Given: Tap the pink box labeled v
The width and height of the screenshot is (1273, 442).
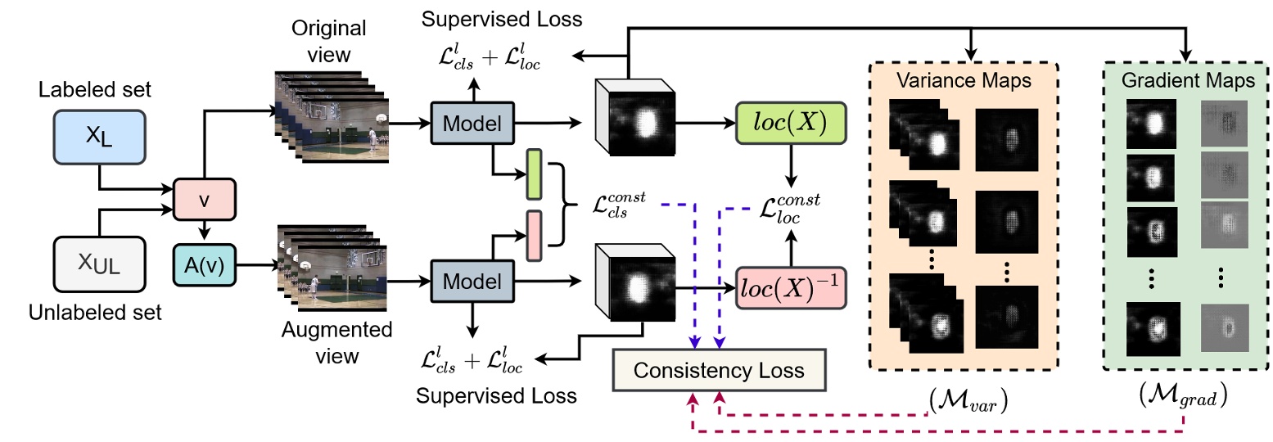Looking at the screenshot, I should [x=205, y=200].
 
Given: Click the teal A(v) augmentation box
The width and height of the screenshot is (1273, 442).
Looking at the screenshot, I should [x=205, y=264].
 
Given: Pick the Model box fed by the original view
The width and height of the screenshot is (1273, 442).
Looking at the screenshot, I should [x=472, y=123].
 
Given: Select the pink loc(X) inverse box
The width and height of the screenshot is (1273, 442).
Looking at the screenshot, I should [x=790, y=287].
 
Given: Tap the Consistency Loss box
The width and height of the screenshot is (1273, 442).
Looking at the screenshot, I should [x=720, y=370].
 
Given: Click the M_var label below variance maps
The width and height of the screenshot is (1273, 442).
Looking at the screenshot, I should [x=968, y=402].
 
